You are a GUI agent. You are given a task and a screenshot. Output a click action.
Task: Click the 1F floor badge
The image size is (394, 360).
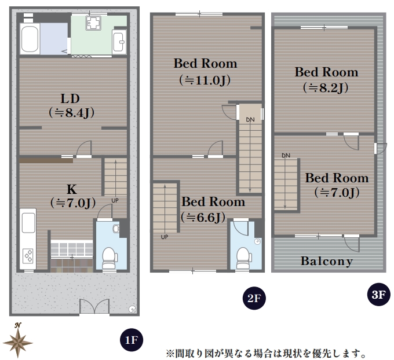point(132,340)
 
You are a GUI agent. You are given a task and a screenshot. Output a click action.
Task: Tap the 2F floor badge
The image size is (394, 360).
point(254,298)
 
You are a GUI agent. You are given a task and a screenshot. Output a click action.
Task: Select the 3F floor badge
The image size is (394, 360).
point(378,294)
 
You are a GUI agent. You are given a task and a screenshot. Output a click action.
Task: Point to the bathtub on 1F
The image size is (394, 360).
point(30,39)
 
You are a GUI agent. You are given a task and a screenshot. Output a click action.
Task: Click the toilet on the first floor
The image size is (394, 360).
point(110,258)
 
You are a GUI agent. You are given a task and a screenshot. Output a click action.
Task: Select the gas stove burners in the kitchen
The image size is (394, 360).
point(28,256)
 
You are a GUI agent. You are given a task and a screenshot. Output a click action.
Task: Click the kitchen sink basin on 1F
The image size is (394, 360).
point(28,223)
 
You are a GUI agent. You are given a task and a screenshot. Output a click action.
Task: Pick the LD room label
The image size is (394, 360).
point(70,98)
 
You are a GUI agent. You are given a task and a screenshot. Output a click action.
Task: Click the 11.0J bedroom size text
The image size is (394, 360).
point(205,80)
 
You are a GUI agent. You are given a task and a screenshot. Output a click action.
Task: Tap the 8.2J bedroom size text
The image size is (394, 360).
point(326,88)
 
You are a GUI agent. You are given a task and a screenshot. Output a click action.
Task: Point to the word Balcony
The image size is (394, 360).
point(327,261)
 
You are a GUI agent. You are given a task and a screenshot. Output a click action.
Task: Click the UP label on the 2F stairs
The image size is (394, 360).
point(165,237)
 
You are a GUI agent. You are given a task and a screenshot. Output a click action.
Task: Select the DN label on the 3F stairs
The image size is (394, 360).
point(286,156)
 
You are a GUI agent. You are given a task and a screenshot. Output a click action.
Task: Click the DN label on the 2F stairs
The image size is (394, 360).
point(250,120)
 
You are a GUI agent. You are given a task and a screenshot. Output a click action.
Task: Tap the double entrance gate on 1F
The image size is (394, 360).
point(94,306)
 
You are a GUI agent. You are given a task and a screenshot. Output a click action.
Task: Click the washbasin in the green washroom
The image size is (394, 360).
point(119,42)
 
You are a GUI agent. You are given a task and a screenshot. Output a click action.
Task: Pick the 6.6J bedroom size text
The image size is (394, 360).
point(203,218)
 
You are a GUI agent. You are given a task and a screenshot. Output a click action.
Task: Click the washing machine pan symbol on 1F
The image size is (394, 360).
point(93,23)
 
